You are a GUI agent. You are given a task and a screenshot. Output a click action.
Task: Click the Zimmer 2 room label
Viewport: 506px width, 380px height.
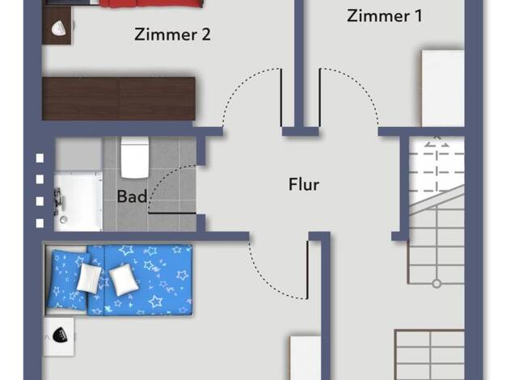tap(172, 35)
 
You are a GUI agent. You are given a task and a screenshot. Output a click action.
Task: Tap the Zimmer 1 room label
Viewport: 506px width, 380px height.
tap(384, 16)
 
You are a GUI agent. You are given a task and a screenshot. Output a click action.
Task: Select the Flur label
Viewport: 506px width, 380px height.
tap(304, 184)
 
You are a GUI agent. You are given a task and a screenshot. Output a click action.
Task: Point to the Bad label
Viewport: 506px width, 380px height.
tap(132, 196)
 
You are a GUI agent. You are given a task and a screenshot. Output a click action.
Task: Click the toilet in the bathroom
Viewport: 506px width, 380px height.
tap(135, 158)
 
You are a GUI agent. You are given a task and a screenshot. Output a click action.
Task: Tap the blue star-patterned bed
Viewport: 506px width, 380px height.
tap(119, 280)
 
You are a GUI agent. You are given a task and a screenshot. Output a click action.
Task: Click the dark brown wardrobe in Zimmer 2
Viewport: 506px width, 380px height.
tap(119, 99)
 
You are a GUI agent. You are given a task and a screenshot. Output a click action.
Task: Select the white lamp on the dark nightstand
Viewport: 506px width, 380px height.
tap(59, 27)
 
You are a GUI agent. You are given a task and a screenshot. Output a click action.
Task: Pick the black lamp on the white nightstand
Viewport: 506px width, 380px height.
tap(60, 335)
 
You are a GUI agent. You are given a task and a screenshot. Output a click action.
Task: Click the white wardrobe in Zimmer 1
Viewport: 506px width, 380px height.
tap(443, 88)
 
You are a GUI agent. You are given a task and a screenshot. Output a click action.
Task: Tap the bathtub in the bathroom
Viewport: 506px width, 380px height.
tap(78, 202)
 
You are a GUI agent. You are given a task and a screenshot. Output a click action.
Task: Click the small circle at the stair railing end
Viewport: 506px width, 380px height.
tap(436, 284)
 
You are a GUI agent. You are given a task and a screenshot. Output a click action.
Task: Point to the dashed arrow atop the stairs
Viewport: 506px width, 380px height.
tap(436, 141)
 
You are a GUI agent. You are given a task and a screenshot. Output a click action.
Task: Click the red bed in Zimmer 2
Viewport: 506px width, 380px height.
tap(151, 3)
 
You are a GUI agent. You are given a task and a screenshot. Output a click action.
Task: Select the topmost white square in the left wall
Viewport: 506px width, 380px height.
tap(40, 158)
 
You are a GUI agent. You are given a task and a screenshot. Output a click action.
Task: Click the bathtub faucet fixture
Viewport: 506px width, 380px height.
tap(58, 201)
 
